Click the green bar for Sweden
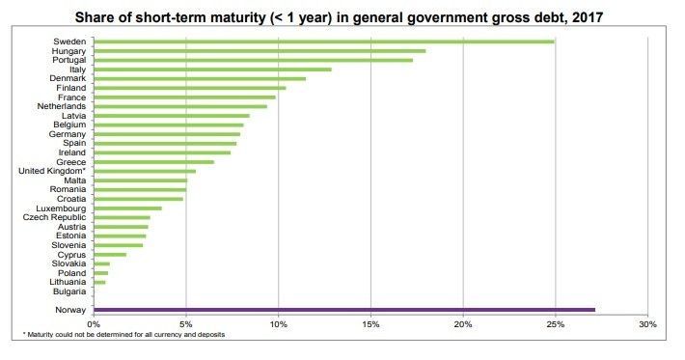[x=324, y=42]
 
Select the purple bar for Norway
[x=344, y=310]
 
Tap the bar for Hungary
[x=260, y=51]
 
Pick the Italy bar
[x=213, y=69]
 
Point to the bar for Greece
[x=153, y=162]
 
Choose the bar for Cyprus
[x=110, y=255]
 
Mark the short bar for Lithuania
[x=99, y=282]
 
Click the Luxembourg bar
[x=127, y=208]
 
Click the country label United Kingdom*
[x=52, y=171]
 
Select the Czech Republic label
[x=54, y=217]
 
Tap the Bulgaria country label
[x=69, y=291]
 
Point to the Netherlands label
[x=62, y=106]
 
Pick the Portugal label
[x=69, y=60]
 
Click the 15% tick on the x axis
[x=370, y=324]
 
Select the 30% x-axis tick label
[x=648, y=324]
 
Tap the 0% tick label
[x=94, y=324]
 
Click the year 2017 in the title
[x=588, y=17]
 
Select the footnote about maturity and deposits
[x=123, y=335]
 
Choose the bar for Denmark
[x=200, y=78]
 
